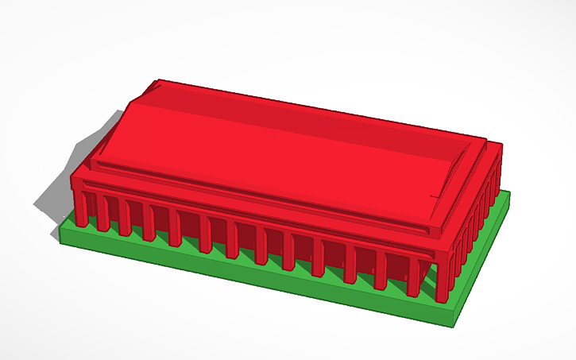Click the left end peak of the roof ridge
156,82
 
